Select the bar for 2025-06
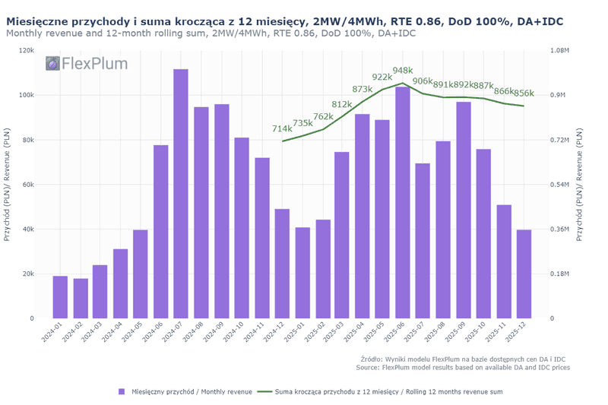click(403, 202)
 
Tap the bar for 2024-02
click(80, 298)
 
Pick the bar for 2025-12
click(524, 274)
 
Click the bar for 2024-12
click(282, 263)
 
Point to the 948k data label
click(403, 70)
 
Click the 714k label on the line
click(282, 128)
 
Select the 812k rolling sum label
click(342, 104)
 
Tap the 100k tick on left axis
click(25, 95)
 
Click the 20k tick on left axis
click(27, 274)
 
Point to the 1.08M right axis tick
click(559, 50)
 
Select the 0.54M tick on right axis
click(559, 185)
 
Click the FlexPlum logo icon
click(52, 64)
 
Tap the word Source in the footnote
click(368, 367)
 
